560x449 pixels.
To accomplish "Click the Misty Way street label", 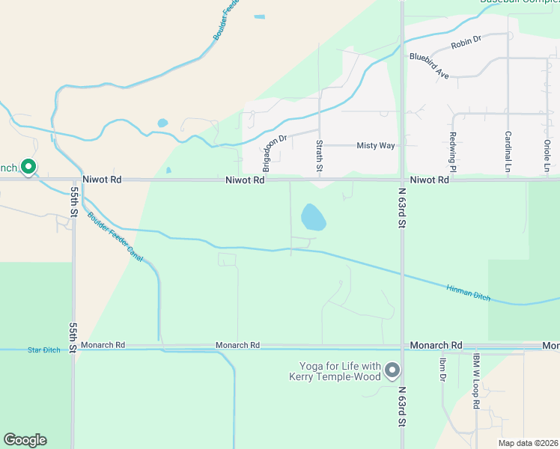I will point(375,145).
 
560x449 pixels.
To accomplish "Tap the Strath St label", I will point(319,156).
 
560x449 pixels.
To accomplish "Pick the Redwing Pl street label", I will point(453,149).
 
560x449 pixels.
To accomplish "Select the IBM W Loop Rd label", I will point(475,381).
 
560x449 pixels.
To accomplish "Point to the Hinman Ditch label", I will point(469,293).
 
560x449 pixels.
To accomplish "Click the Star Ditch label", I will point(43,349).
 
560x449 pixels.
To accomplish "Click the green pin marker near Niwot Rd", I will point(28,166).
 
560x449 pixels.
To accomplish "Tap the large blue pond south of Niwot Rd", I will point(313,218).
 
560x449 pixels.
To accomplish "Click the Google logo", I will point(25,440).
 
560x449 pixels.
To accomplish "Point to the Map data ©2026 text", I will point(528,443).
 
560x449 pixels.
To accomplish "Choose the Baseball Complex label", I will point(520,2).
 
